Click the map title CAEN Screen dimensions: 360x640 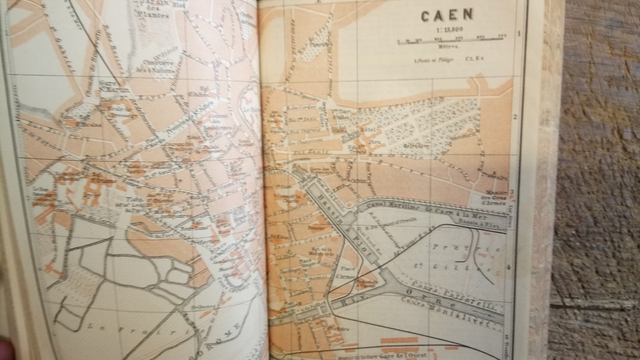[447, 15]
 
